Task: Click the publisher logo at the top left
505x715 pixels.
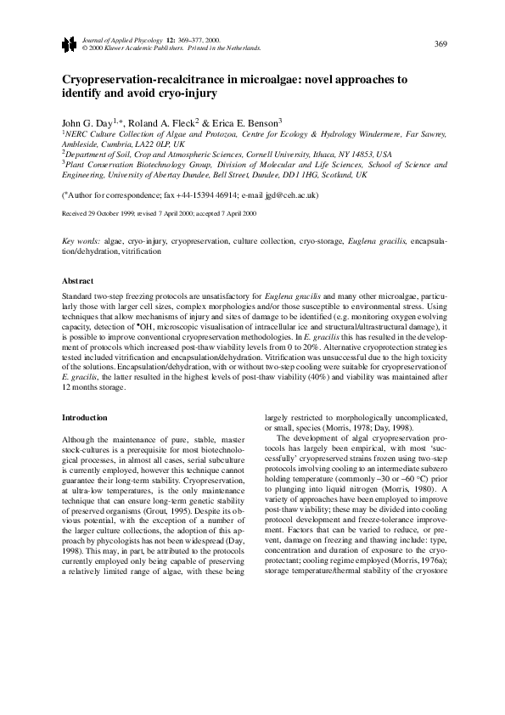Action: (x=67, y=44)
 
